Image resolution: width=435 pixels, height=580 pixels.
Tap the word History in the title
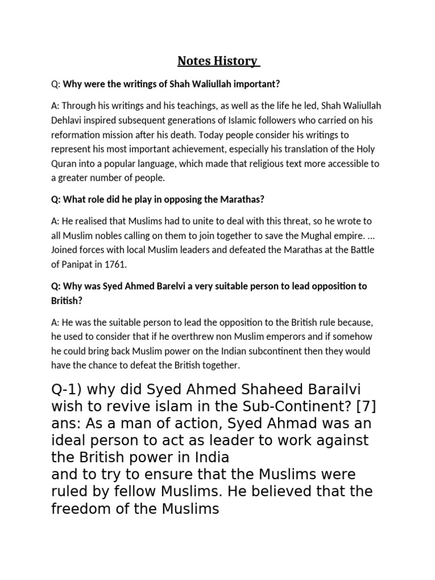(236, 61)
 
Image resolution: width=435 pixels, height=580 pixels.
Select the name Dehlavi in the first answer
(70, 120)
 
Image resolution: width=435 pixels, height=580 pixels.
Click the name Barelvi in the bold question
(167, 285)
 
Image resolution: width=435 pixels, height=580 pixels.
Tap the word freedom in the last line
(88, 509)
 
